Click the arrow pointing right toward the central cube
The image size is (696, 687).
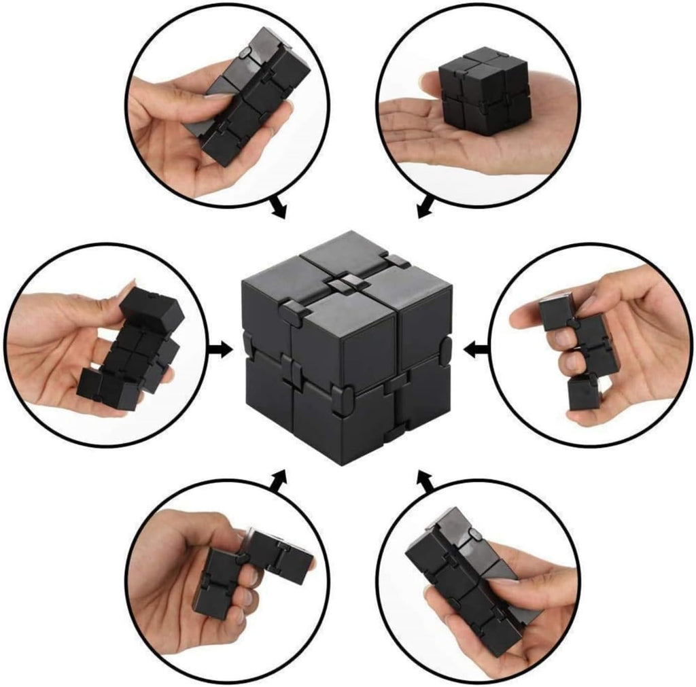point(220,349)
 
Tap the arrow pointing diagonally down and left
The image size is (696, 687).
point(425,208)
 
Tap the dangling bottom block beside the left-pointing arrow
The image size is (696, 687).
point(584,392)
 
